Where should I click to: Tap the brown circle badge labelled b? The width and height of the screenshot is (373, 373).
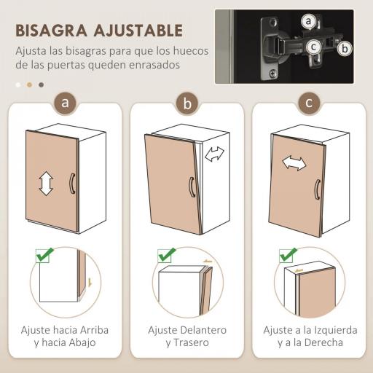click(187, 103)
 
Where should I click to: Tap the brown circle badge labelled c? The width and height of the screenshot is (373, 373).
click(309, 103)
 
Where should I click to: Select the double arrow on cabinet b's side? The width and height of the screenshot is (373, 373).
click(215, 154)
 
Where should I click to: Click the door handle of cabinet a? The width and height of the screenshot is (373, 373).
click(71, 183)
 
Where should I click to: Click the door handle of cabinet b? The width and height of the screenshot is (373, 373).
click(190, 187)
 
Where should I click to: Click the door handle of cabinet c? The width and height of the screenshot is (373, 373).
click(317, 189)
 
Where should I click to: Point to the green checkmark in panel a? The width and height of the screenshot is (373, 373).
click(44, 256)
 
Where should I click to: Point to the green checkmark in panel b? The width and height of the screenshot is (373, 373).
click(167, 255)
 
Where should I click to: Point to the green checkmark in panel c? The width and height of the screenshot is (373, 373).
click(288, 255)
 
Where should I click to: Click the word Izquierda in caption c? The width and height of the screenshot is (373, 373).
click(326, 330)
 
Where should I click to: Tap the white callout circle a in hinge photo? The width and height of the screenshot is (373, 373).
click(309, 21)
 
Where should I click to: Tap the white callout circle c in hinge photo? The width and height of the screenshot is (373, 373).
click(314, 47)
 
